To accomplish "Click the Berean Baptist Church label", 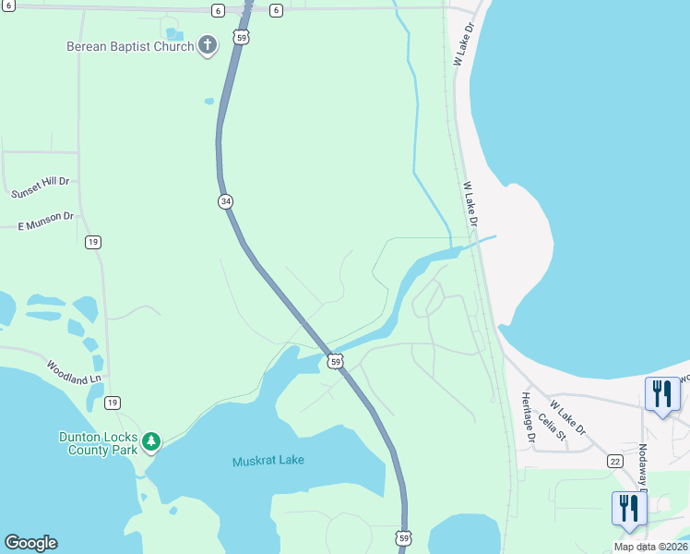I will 130,46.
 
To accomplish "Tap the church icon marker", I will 208,44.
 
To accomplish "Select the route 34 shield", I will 225,201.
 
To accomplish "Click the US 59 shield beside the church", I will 241,37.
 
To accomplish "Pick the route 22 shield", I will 615,461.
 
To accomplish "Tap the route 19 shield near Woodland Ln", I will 112,403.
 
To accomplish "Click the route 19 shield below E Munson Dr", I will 92,242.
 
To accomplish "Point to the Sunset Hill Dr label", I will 40,188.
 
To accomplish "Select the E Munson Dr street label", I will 45,220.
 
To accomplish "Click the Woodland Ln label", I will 75,372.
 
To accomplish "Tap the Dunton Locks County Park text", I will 99,442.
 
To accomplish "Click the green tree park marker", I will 151,442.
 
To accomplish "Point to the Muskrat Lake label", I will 268,460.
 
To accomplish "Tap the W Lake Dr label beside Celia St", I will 567,416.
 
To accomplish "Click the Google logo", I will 30,543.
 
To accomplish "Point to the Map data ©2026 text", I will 649,547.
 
